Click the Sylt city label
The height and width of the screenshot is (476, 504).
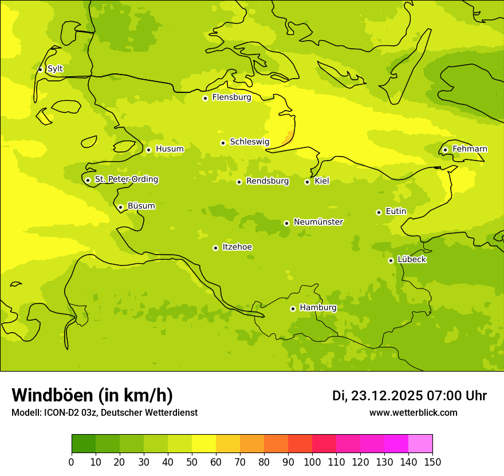(55, 69)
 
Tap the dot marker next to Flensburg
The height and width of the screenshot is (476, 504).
(205, 98)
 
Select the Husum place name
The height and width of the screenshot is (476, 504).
(170, 149)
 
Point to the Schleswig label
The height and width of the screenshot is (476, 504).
(249, 142)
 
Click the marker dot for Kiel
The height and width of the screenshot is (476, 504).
(307, 182)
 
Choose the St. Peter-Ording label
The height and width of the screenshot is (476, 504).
(126, 180)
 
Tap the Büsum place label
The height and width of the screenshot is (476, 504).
(141, 206)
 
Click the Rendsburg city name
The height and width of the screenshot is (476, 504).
(267, 181)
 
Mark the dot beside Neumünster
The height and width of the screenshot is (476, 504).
(286, 223)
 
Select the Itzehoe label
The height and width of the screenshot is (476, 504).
(237, 247)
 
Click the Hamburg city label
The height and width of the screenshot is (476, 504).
(318, 307)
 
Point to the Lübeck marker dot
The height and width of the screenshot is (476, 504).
(391, 260)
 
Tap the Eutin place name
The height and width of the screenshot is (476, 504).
(396, 212)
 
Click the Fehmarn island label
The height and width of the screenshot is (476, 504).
(470, 149)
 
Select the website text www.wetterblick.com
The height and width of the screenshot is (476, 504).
(414, 413)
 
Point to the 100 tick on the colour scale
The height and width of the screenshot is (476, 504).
(312, 462)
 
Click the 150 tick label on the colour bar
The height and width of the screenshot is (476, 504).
(432, 462)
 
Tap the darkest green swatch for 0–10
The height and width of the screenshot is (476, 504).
(84, 444)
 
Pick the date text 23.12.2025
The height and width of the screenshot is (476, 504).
(387, 396)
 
